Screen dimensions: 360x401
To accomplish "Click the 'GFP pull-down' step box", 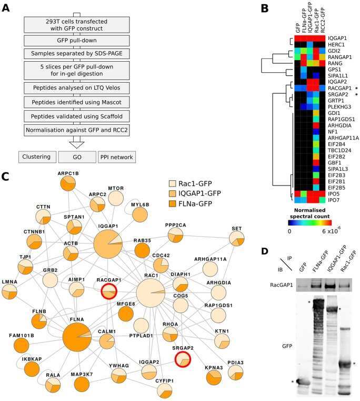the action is tap(77, 41).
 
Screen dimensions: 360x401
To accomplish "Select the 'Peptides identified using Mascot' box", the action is tap(77, 102).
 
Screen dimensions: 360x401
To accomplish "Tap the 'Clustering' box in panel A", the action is tap(37, 157).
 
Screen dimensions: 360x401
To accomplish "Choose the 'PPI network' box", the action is tap(116, 157).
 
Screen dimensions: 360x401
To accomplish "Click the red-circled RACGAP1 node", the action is tap(109, 291).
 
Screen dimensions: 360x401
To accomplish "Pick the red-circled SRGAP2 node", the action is tap(183, 359).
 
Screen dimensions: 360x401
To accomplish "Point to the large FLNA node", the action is tap(77, 337).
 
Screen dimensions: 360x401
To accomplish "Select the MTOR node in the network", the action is tap(116, 198).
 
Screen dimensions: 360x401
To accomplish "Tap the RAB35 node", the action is tap(142, 250).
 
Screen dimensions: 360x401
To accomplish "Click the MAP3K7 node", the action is tap(82, 384).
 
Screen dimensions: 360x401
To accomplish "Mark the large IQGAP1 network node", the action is tap(108, 244).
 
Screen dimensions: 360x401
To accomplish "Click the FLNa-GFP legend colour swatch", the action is tap(173, 204).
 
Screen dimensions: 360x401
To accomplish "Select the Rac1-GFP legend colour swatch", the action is tap(173, 183).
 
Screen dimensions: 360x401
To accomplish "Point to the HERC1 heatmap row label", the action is tap(336, 44).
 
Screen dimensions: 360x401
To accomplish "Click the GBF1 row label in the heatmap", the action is tap(334, 163).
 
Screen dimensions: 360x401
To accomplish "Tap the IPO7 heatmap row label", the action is tap(334, 200).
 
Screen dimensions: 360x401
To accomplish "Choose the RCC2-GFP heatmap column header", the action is tap(323, 21).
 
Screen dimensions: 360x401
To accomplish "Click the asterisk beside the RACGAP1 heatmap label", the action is tap(356, 89).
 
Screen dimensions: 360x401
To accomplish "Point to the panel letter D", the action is tap(265, 251).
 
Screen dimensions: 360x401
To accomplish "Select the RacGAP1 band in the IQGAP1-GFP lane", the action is tap(334, 286).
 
